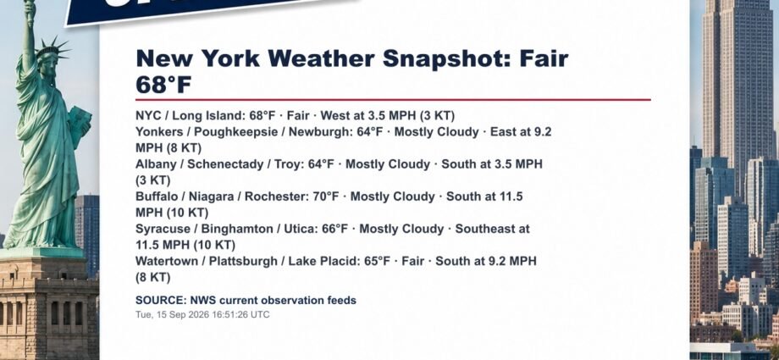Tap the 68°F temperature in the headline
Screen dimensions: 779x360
(x=163, y=85)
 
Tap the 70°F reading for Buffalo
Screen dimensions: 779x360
(x=325, y=197)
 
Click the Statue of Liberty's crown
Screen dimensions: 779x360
(x=52, y=49)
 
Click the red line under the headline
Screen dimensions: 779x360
(x=393, y=99)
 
